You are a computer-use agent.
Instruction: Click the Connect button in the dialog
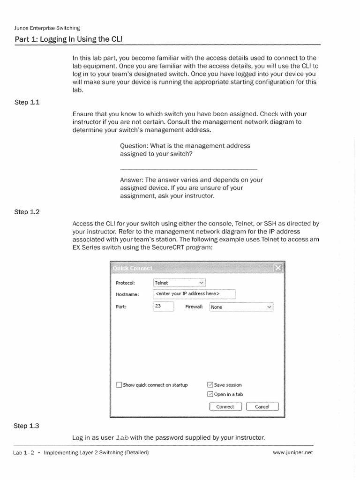(x=225, y=406)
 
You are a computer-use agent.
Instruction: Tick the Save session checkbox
(x=210, y=385)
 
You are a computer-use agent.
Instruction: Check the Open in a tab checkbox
(x=210, y=394)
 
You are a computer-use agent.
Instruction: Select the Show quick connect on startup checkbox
(x=119, y=385)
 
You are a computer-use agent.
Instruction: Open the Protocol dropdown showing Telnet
(x=179, y=283)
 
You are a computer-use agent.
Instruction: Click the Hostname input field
(x=194, y=294)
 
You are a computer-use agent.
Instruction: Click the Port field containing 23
(x=163, y=307)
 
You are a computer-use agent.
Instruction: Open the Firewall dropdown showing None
(x=241, y=307)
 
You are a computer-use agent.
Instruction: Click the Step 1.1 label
(x=27, y=101)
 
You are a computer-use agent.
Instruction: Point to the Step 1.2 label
(x=27, y=212)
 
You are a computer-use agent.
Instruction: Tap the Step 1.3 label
(x=27, y=426)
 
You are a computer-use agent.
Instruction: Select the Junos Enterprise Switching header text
(x=47, y=28)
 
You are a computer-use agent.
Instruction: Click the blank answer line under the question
(x=188, y=169)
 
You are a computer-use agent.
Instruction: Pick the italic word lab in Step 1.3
(x=122, y=438)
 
